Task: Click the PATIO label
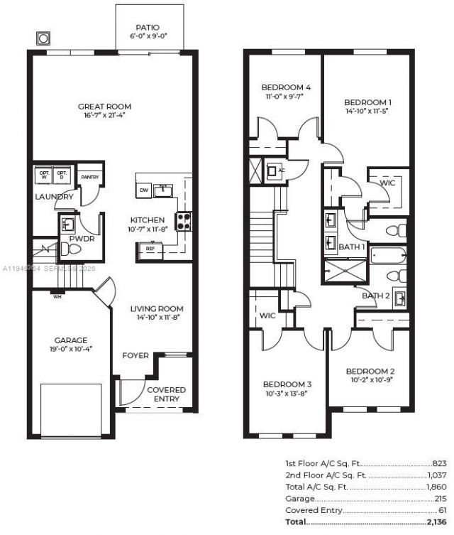(148, 27)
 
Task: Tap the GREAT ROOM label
(104, 107)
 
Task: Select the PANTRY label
(89, 176)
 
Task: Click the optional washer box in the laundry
(44, 173)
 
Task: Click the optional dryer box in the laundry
(62, 173)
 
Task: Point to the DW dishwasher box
(144, 190)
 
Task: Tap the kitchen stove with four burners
(183, 222)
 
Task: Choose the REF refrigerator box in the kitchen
(150, 249)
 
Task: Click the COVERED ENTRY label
(166, 394)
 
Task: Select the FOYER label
(135, 355)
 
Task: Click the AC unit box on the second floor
(273, 171)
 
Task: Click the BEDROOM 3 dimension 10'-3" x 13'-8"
(287, 394)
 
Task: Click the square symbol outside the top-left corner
(43, 38)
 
